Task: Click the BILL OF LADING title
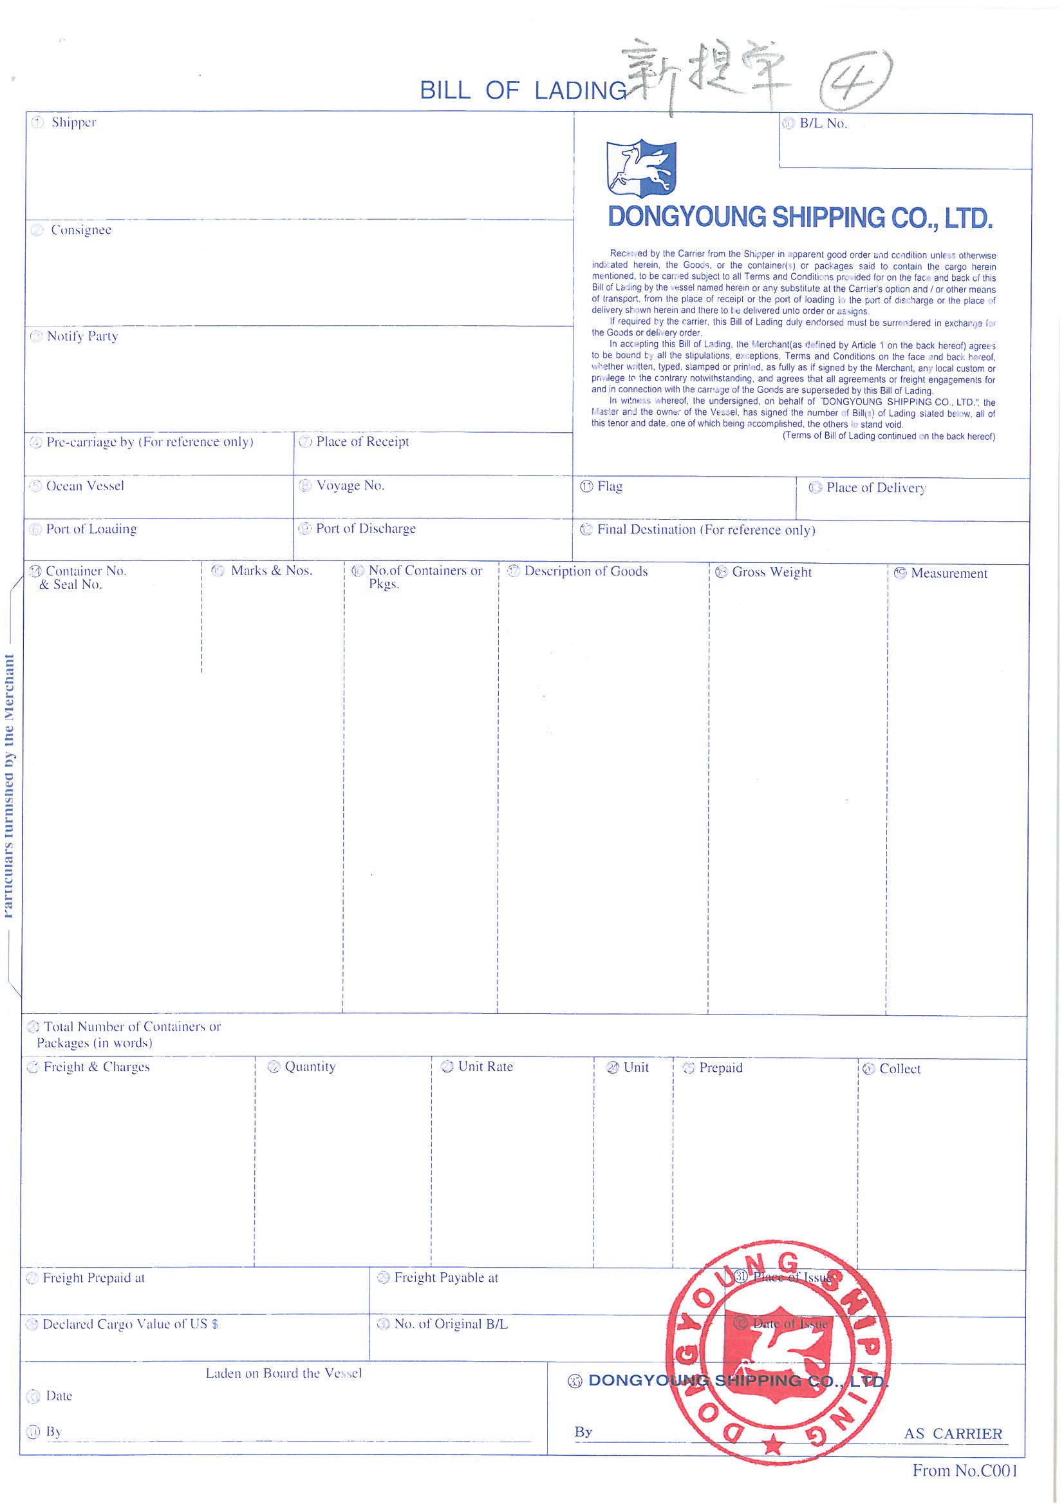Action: [523, 91]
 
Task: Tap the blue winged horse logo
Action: [640, 168]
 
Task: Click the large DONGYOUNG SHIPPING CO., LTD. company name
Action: [801, 218]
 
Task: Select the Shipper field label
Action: [73, 122]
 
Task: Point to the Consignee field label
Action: [80, 230]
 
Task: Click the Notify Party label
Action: [82, 336]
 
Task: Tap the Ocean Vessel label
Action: [84, 486]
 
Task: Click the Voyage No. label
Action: [350, 486]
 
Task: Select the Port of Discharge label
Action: [365, 529]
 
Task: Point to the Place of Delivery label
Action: [875, 488]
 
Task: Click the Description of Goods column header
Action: [586, 571]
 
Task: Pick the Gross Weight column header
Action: [772, 572]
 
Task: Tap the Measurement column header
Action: [949, 573]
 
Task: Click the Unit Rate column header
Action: [485, 1067]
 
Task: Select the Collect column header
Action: [899, 1069]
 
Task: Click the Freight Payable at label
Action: [446, 1278]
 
